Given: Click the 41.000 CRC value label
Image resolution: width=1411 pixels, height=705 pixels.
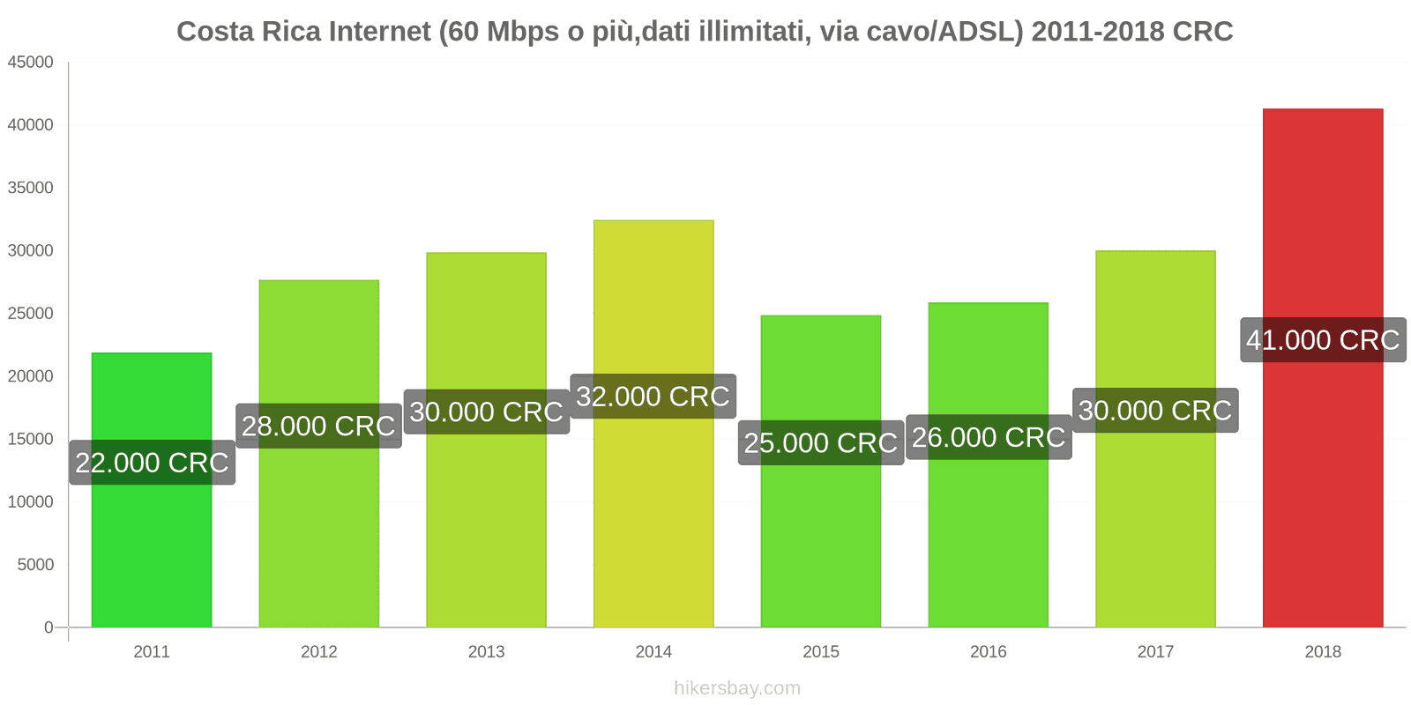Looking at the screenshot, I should [1323, 340].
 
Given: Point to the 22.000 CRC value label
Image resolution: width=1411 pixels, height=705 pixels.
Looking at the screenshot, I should [152, 463].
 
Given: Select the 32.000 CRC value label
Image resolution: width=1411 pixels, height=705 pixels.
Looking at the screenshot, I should [653, 397].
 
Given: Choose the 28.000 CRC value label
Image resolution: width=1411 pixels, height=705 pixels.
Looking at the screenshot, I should [318, 427].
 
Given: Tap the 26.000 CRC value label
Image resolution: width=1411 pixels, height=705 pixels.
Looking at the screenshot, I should [989, 437].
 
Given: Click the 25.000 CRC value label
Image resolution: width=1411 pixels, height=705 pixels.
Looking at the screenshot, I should [821, 442].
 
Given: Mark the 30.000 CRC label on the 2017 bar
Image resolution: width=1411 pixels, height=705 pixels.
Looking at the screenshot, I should [1155, 411].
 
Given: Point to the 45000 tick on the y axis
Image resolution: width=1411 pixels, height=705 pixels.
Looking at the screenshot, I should [31, 63].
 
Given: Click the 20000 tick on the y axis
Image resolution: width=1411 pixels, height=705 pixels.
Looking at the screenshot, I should [31, 376].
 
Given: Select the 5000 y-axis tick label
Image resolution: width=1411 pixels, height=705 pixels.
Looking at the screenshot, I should [35, 565].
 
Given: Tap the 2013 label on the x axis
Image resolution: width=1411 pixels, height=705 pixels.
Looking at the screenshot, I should [486, 652].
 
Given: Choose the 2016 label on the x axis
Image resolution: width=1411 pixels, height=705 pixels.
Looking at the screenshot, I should [989, 652].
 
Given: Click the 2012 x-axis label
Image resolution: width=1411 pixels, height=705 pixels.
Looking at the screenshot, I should [318, 652].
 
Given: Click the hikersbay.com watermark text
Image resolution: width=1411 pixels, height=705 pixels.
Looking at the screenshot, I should [737, 688].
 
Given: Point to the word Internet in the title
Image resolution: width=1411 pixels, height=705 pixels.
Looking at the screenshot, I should [380, 32].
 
